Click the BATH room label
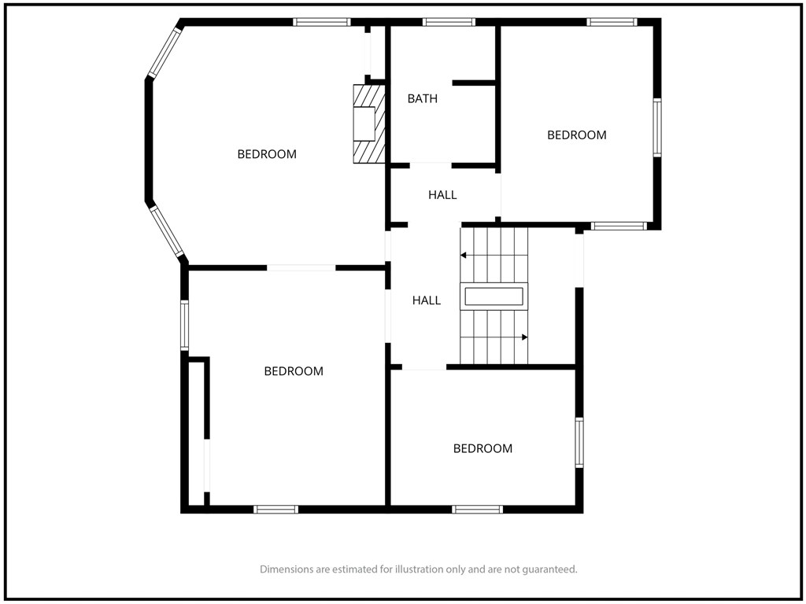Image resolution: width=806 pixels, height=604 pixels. coord(422,98)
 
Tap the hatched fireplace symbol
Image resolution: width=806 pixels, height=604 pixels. coord(368,123)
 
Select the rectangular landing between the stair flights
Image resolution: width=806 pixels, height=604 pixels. coord(494,296)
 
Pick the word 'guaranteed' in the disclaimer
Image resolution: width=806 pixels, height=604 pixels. coord(550,569)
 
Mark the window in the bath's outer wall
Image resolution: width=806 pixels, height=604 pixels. coord(449,22)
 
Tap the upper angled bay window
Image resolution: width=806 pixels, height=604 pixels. coord(165,53)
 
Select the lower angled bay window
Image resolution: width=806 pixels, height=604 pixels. coord(167,231)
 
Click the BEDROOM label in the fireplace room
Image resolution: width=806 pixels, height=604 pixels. coord(267,154)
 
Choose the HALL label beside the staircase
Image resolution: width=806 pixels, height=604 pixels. coord(427,300)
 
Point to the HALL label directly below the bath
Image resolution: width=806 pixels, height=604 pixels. coord(442,195)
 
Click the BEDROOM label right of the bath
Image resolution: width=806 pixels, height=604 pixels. coord(577,135)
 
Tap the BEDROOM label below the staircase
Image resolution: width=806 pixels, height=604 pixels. coord(482,448)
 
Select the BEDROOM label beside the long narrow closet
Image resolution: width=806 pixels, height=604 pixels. coord(294,371)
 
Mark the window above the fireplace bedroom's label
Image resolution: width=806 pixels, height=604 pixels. coord(322,22)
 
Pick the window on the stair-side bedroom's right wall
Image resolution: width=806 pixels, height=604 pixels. coord(579,443)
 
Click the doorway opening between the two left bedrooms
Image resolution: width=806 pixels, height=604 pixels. coord(301,267)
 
